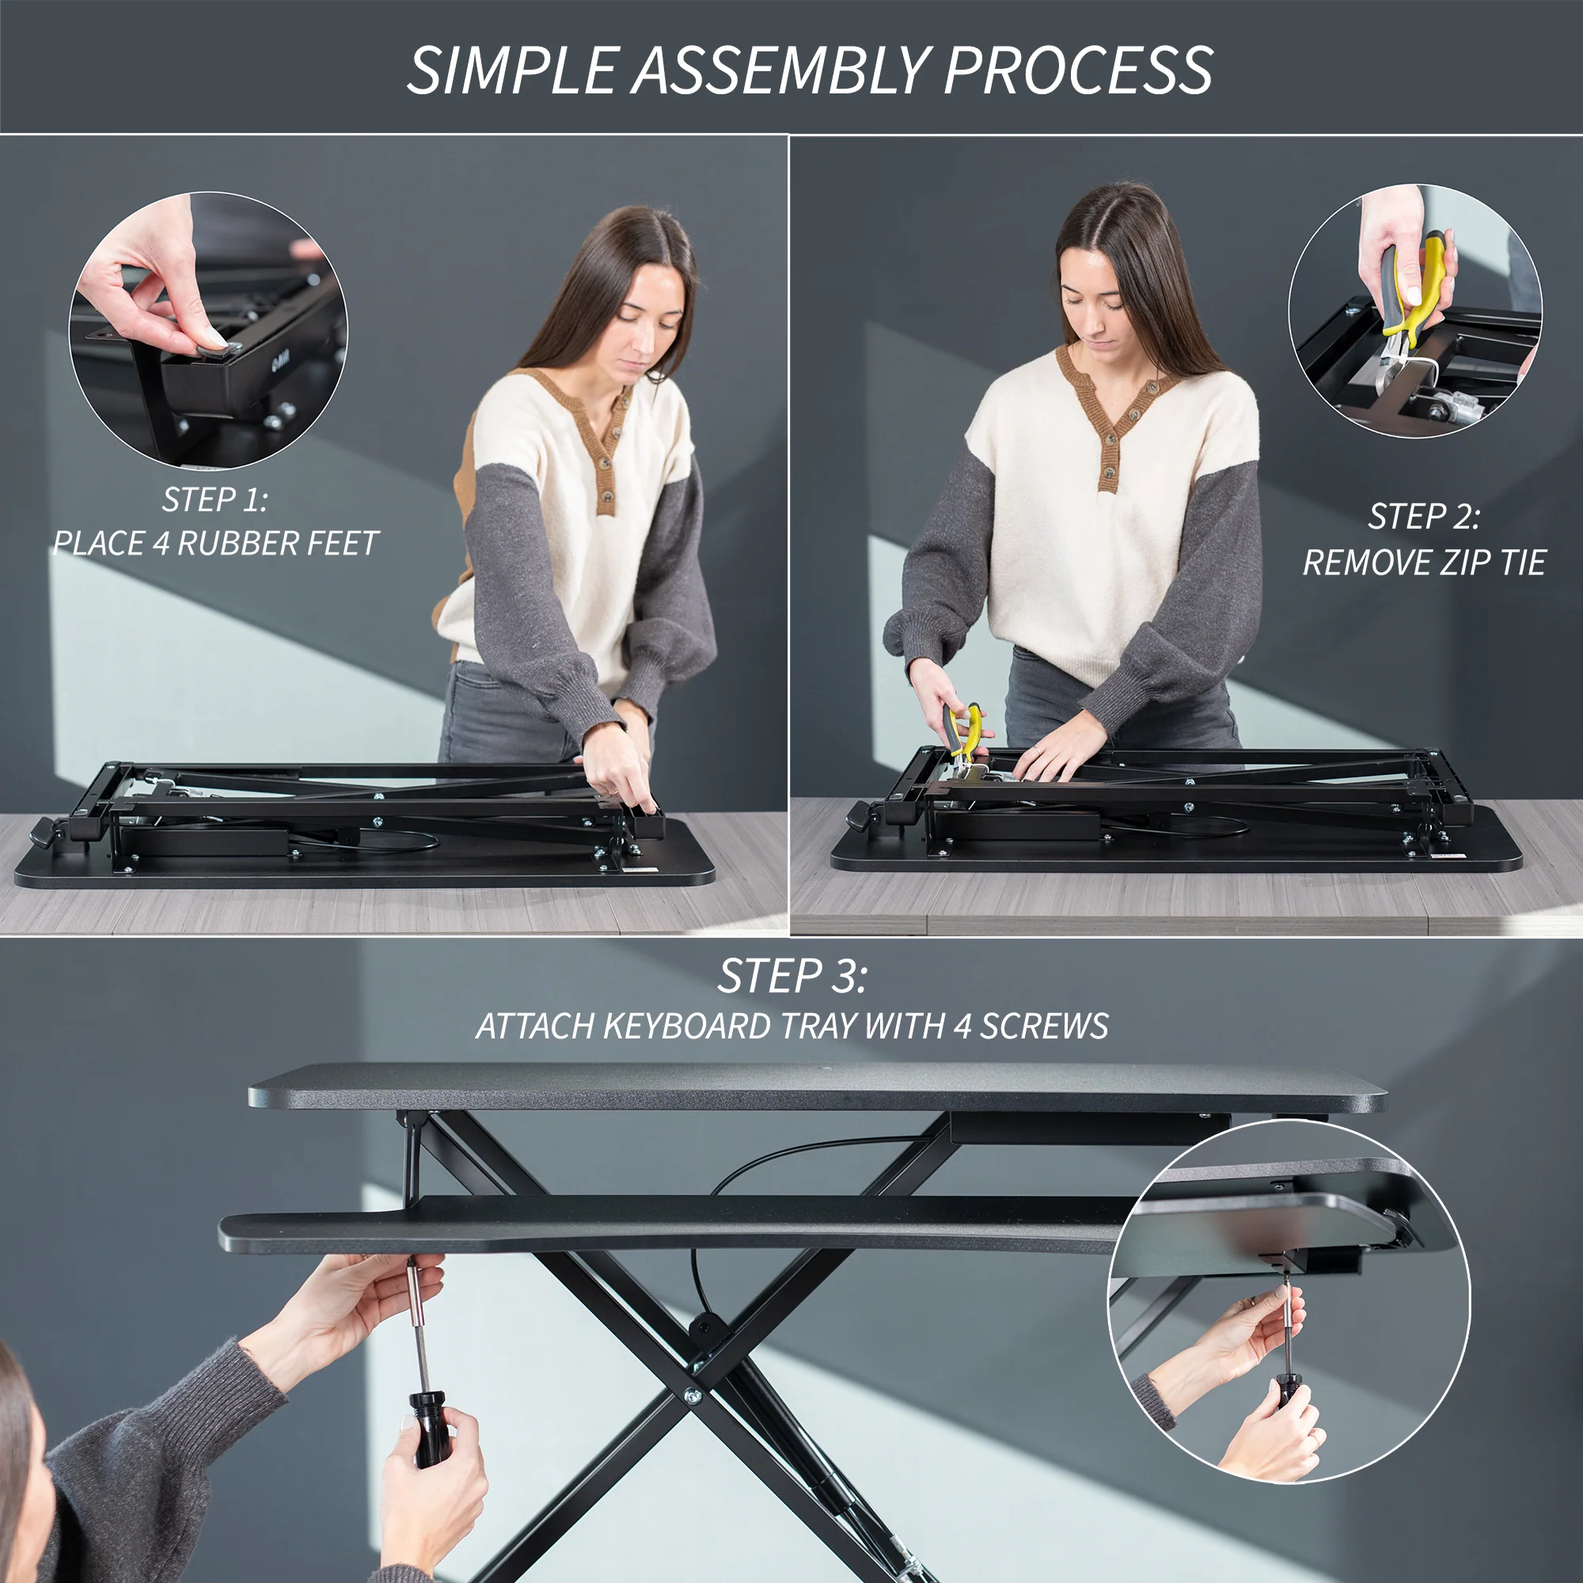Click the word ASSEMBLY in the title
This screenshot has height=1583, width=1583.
781,70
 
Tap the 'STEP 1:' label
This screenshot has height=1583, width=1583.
214,499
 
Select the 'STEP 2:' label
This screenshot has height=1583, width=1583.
1424,516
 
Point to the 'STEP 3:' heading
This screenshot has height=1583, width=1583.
791,976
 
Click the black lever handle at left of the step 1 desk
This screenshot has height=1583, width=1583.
44,836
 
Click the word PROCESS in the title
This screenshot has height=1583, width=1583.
1077,70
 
